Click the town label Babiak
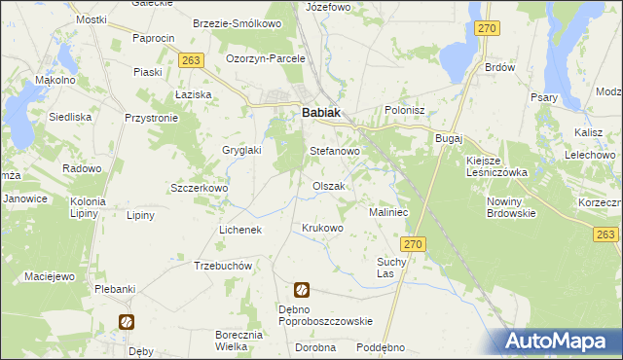click(321, 113)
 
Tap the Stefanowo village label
click(335, 152)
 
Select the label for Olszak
click(328, 186)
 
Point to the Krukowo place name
click(323, 229)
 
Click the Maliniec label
click(387, 211)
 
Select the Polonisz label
click(406, 111)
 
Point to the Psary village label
click(543, 97)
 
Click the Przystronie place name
click(151, 117)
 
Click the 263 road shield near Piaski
click(191, 60)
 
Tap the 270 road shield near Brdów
click(488, 29)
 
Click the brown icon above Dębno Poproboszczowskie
click(302, 289)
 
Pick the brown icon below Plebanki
click(126, 321)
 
